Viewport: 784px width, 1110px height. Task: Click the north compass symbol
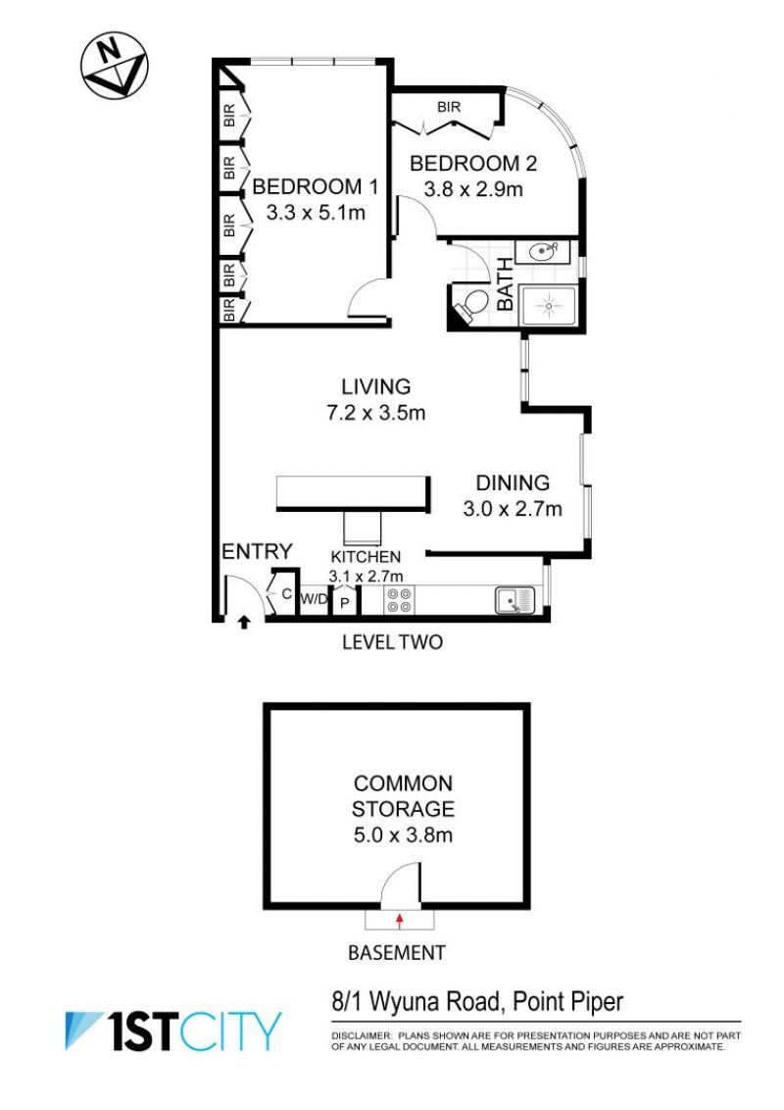(x=114, y=65)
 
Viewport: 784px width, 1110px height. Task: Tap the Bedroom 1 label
(x=315, y=187)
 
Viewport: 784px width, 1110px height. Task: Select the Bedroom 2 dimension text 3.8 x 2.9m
(x=473, y=189)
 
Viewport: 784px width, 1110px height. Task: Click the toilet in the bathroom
(x=470, y=304)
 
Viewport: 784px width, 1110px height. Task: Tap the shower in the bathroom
(x=549, y=306)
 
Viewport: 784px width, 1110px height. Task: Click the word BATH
(x=506, y=283)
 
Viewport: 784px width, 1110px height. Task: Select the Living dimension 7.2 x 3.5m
(x=375, y=413)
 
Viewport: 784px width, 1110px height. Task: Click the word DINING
(x=513, y=482)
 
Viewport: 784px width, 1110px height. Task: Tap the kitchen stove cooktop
(x=398, y=600)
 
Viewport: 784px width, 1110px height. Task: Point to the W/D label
(x=315, y=599)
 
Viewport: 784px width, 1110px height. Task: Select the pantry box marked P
(x=345, y=602)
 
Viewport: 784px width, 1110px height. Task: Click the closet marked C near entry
(x=286, y=593)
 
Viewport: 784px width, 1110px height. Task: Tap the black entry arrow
(x=243, y=623)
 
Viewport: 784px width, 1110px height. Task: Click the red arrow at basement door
(x=400, y=921)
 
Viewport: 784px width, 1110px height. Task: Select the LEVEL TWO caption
(x=392, y=642)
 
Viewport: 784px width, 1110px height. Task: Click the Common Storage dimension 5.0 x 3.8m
(x=403, y=834)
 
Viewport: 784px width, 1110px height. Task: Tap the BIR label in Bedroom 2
(x=449, y=107)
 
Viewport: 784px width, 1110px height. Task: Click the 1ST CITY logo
(x=173, y=1031)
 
